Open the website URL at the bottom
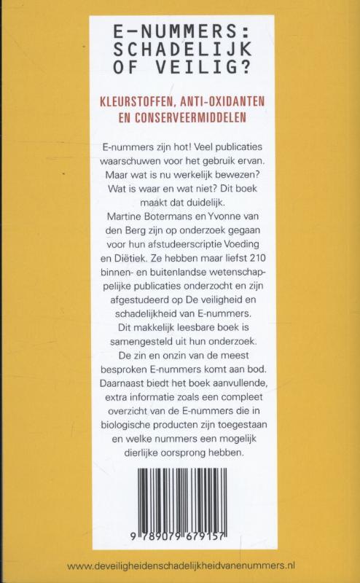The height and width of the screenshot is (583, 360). coord(180,565)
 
